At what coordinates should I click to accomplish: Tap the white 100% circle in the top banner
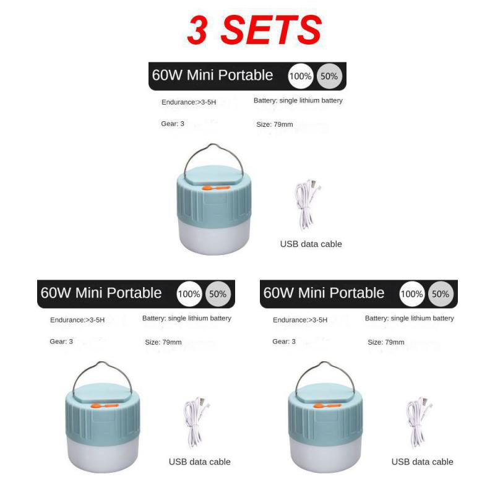301,76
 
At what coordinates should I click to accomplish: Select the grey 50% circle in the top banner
329,76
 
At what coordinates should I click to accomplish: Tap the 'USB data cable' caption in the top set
311,244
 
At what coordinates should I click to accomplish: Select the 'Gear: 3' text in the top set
173,124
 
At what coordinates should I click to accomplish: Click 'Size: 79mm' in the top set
275,124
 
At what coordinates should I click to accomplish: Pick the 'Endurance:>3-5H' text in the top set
189,101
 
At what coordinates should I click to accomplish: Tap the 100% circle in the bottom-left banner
189,294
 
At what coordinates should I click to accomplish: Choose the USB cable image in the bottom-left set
196,422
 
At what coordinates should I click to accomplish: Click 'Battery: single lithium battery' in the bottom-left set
187,319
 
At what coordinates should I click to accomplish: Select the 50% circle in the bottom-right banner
441,294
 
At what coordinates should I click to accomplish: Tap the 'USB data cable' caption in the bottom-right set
422,462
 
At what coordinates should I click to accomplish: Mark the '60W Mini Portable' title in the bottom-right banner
324,293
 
